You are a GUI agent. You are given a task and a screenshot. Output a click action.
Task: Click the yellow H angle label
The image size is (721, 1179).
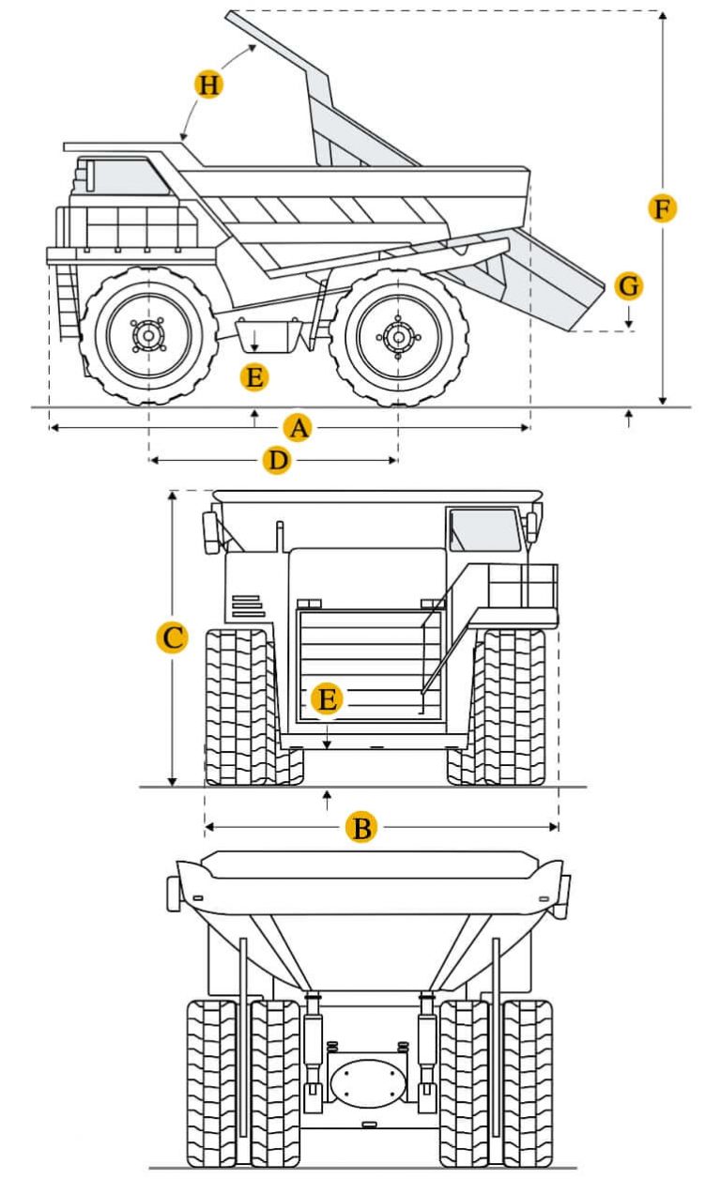(208, 84)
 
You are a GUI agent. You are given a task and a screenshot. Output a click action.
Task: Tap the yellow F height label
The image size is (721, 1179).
(663, 208)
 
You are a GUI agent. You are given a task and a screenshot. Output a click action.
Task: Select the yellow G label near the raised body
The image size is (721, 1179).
(629, 284)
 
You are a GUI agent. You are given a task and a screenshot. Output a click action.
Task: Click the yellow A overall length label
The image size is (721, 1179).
(298, 429)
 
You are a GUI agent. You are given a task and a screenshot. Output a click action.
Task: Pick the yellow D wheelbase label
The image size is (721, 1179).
(276, 461)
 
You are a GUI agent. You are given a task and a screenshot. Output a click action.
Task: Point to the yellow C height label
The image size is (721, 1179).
(172, 638)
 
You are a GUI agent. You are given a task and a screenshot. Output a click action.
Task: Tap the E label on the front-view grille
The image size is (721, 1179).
(326, 699)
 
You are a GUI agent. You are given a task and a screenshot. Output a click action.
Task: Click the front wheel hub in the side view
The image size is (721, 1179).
(148, 335)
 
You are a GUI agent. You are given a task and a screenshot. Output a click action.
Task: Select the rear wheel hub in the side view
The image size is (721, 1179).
(398, 335)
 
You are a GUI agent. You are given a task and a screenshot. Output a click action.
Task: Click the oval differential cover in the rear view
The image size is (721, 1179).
(367, 1080)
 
